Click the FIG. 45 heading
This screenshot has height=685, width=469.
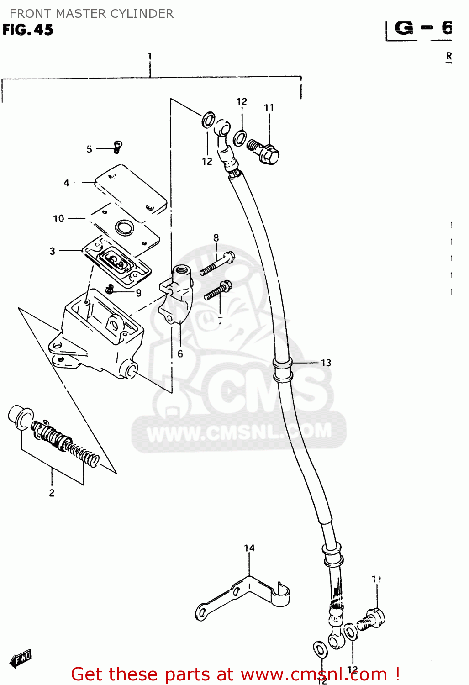point(28,30)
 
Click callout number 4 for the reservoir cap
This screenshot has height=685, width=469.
point(66,183)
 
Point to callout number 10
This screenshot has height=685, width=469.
point(58,219)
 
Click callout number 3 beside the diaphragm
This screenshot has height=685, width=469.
point(53,251)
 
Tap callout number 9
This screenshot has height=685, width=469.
point(138,293)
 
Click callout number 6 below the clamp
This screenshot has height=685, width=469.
point(180,354)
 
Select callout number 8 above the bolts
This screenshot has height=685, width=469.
point(216,238)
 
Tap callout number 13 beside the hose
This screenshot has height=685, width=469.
point(326,363)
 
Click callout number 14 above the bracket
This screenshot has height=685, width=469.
point(249,548)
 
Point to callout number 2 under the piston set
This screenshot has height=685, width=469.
point(52,493)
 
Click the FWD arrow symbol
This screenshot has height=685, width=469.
point(21,658)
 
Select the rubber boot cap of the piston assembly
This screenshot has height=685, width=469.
point(21,416)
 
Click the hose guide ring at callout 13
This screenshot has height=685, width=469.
point(282,369)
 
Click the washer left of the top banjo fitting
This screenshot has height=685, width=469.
point(208,120)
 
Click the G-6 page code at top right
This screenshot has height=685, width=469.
point(422,29)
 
